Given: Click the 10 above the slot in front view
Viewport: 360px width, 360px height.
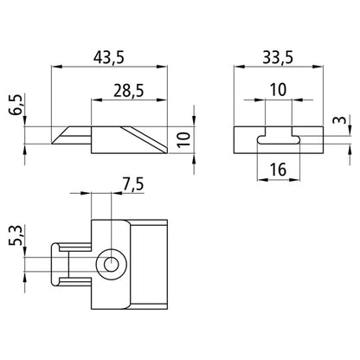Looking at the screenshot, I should pos(279,90).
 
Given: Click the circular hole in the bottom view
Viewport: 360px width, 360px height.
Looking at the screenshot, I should pos(110,263).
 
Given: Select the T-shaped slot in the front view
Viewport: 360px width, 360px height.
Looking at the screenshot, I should pos(279,136).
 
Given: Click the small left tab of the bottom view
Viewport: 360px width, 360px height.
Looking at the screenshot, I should pos(61,263).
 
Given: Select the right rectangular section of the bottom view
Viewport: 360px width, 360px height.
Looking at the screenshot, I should pos(152,263).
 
